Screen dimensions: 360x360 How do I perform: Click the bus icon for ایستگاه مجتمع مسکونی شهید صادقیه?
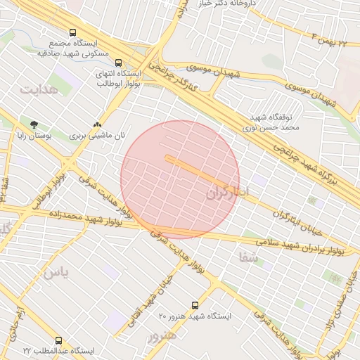[73, 32]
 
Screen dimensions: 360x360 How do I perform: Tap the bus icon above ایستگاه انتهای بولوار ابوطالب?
[117, 62]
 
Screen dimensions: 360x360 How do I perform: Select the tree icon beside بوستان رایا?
[34, 124]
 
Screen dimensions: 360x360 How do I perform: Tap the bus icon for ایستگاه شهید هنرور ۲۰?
[195, 306]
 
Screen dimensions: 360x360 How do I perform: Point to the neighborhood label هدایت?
[37, 90]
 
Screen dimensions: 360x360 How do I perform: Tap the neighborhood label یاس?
[56, 273]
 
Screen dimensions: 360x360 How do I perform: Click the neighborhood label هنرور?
[162, 336]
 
